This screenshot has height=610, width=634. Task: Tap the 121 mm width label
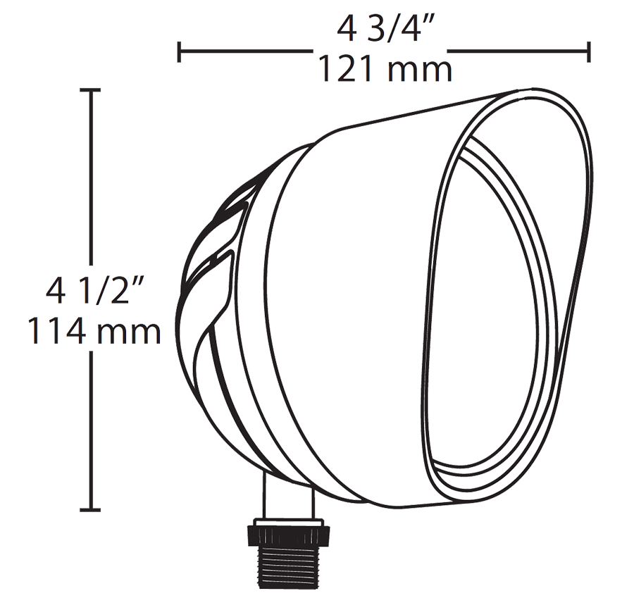pyautogui.click(x=384, y=70)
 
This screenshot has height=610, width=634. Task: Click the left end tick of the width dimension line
pyautogui.click(x=180, y=51)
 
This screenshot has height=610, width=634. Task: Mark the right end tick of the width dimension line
pyautogui.click(x=588, y=51)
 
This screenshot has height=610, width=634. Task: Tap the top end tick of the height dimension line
pyautogui.click(x=90, y=90)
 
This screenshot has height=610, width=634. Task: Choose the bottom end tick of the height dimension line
pyautogui.click(x=90, y=509)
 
